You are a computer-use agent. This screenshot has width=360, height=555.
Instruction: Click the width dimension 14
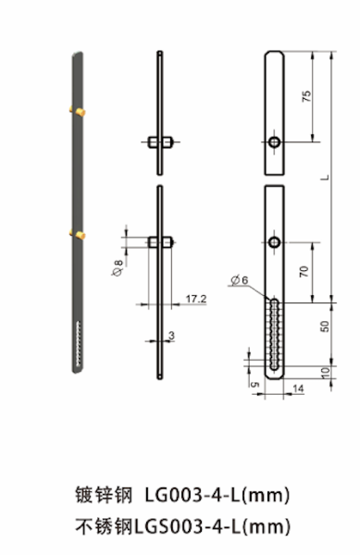[x=298, y=390]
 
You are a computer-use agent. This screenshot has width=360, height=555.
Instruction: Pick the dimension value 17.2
[x=195, y=299]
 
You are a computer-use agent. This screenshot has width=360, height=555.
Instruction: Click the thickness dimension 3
[x=171, y=334]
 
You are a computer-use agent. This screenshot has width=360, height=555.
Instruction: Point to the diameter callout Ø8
[x=118, y=267]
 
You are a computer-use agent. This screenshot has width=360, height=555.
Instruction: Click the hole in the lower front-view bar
[x=275, y=242]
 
